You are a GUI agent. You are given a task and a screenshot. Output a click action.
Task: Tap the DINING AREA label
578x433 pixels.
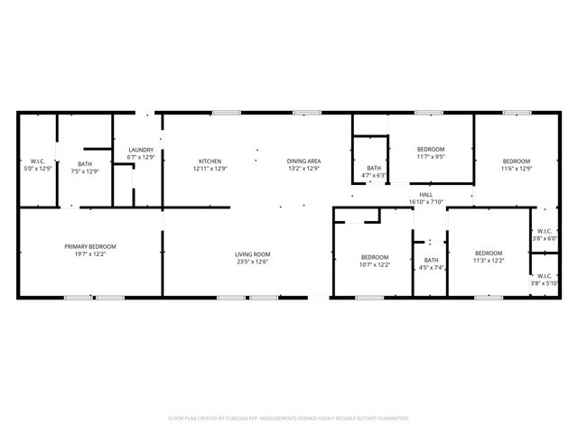[304, 161]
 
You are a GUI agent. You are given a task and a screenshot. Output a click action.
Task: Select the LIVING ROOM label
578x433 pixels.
[253, 254]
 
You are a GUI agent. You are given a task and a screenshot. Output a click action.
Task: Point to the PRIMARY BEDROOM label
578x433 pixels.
[89, 246]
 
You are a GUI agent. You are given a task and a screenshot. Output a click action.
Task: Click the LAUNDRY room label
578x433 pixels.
[141, 150]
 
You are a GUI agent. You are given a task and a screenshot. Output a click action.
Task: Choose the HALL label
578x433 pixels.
[426, 194]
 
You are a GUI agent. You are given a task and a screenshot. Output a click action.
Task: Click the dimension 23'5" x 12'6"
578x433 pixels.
[253, 263]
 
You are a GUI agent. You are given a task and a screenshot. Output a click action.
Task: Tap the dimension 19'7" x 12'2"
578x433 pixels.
[89, 254]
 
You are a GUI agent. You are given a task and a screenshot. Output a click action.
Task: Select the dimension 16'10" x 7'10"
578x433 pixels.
[426, 201]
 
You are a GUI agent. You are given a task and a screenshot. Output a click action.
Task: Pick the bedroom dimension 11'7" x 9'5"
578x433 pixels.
[431, 157]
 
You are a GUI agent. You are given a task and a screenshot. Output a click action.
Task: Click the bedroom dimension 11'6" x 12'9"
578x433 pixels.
[517, 169]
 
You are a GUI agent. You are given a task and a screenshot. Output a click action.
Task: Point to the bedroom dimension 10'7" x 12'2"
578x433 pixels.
[374, 264]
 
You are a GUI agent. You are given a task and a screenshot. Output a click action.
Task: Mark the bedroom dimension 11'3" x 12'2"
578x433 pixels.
[489, 261]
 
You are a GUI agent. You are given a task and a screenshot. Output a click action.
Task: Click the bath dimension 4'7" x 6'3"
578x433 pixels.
[374, 175]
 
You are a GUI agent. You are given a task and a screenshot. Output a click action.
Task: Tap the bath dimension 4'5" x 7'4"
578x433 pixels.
[431, 268]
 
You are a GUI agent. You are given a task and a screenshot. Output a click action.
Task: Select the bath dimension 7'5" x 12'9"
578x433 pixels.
[84, 170]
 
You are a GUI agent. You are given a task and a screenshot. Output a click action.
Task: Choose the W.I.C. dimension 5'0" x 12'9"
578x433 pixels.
[37, 169]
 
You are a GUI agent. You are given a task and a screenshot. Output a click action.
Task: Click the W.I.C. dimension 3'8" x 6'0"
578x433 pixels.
[544, 239]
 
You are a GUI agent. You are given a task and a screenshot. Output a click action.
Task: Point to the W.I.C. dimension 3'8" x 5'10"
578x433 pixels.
[544, 283]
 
